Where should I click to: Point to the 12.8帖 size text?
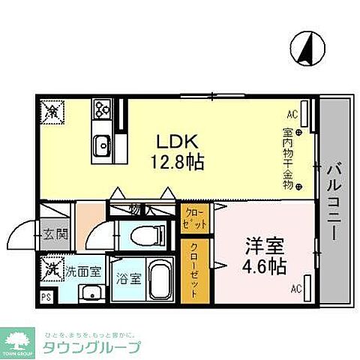pos(176,161)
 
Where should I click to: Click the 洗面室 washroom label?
pos(82,270)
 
